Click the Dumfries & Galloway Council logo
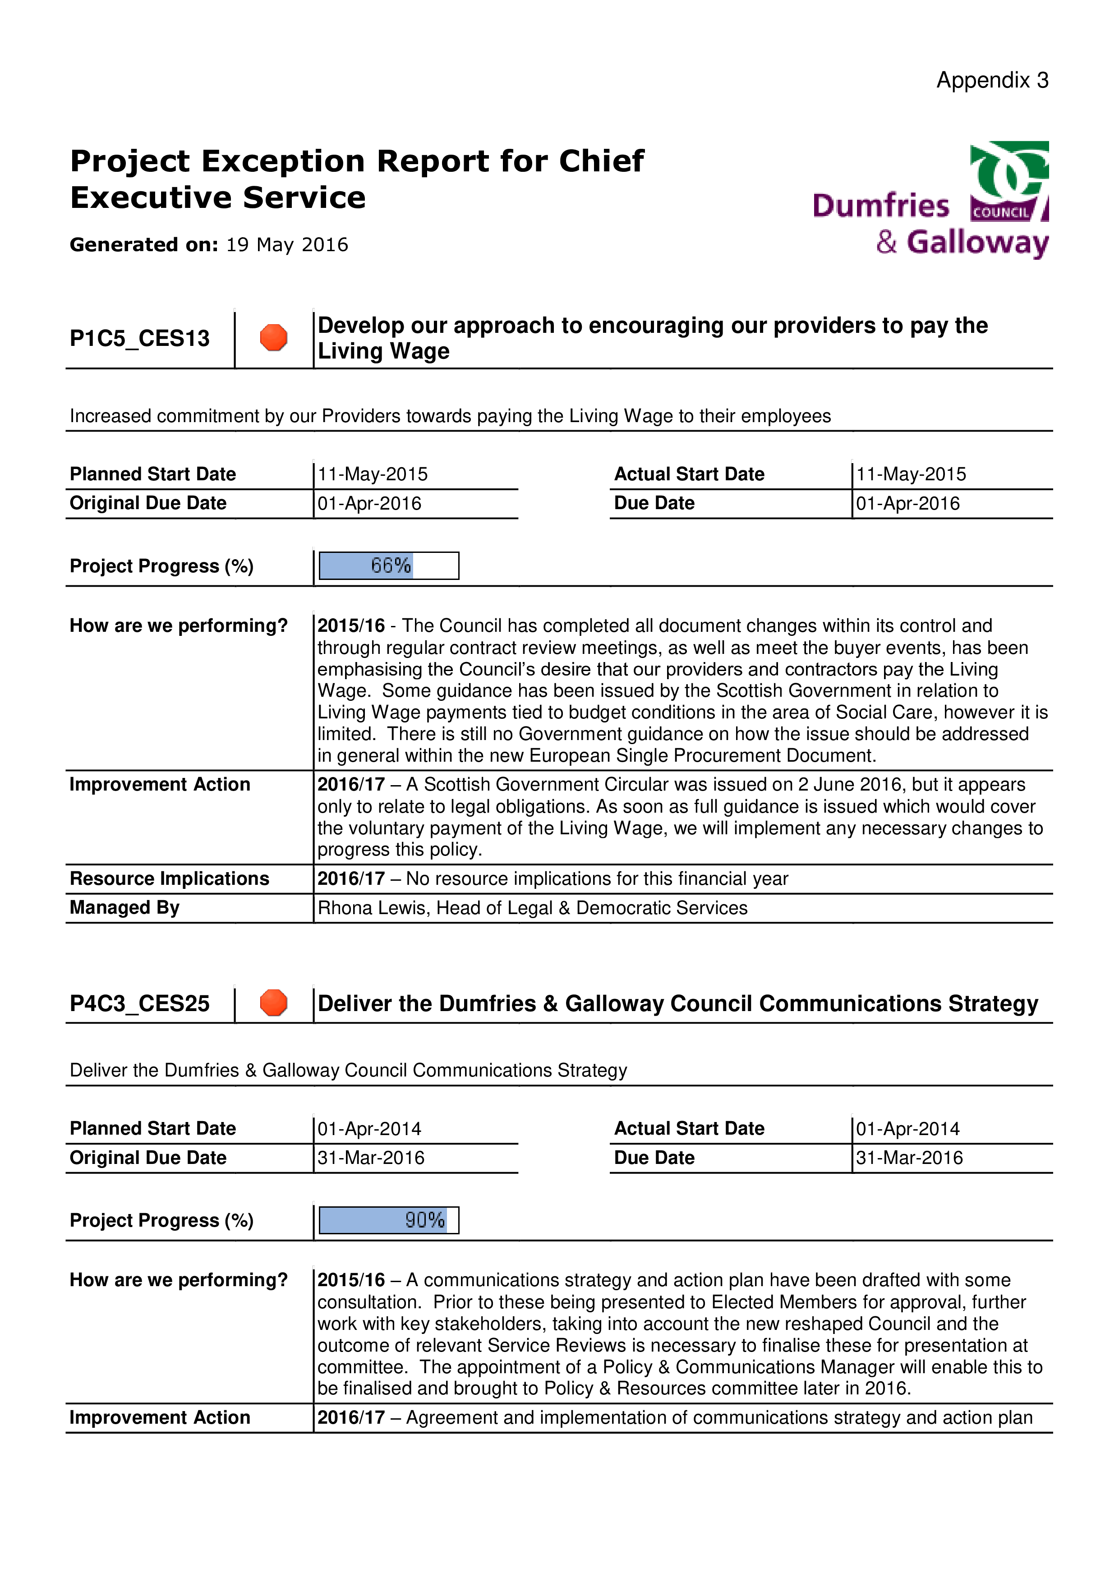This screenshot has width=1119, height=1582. tap(931, 200)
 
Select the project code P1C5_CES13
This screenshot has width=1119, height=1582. tap(140, 338)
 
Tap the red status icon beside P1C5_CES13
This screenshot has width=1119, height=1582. tap(274, 338)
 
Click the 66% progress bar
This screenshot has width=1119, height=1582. tap(389, 566)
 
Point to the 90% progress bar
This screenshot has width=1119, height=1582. tap(389, 1220)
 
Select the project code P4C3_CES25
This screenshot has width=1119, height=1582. tap(140, 1003)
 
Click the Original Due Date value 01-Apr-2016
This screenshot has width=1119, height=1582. tap(369, 504)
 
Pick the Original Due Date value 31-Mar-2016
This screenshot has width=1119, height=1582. tap(371, 1158)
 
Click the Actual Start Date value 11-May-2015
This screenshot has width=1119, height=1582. tap(911, 474)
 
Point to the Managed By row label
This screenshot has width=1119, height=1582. tap(125, 908)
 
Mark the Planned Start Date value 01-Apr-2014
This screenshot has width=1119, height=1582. tap(369, 1129)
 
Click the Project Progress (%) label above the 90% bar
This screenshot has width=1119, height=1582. tap(162, 1220)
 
